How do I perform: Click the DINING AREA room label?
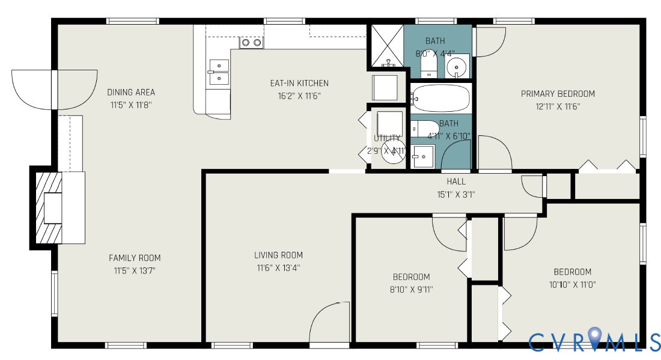pyautogui.click(x=131, y=92)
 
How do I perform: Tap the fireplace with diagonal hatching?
pyautogui.click(x=47, y=208)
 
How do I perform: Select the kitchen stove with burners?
pyautogui.click(x=251, y=42)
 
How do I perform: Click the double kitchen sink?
pyautogui.click(x=219, y=72)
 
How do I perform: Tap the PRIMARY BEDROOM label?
pyautogui.click(x=558, y=93)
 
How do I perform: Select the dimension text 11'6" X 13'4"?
pyautogui.click(x=278, y=267)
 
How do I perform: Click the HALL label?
pyautogui.click(x=456, y=181)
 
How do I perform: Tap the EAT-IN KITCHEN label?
pyautogui.click(x=299, y=83)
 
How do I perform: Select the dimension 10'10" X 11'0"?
pyautogui.click(x=572, y=284)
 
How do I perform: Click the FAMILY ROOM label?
pyautogui.click(x=135, y=258)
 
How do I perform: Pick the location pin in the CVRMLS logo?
pyautogui.click(x=594, y=337)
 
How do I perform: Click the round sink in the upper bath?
pyautogui.click(x=458, y=64)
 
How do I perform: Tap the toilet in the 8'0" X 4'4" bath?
pyautogui.click(x=428, y=66)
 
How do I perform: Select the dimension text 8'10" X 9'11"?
pyautogui.click(x=412, y=289)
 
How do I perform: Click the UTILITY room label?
pyautogui.click(x=386, y=138)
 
